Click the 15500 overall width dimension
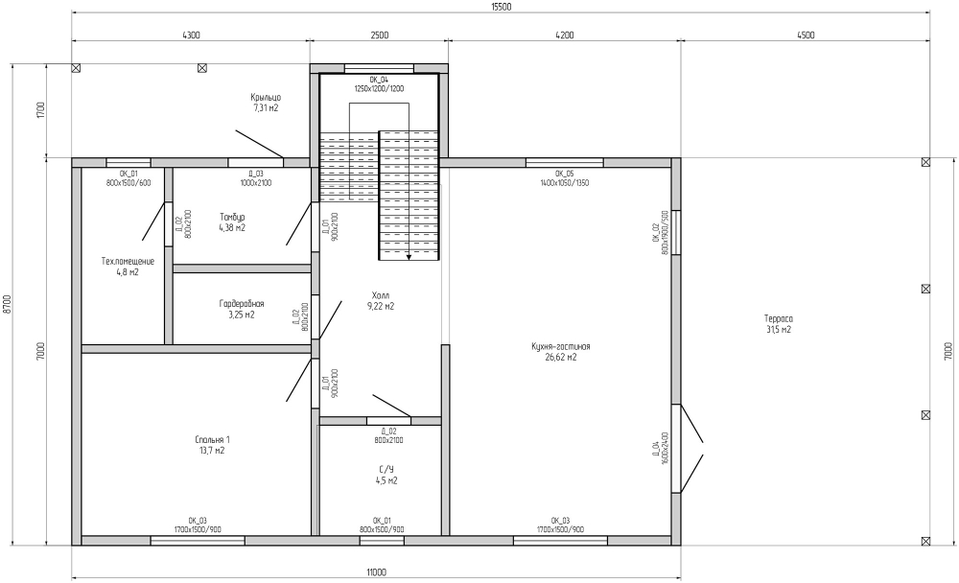[501, 8]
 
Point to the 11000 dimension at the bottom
[377, 572]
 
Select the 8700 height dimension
[7, 304]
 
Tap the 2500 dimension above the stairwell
[379, 35]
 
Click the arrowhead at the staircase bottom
[409, 257]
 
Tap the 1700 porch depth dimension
[41, 110]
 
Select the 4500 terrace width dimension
[806, 35]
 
